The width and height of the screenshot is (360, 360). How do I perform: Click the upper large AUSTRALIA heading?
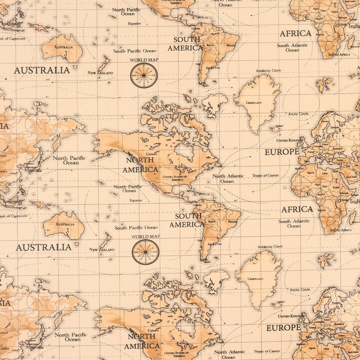[x=41, y=70]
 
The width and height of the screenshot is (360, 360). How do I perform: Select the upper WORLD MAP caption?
[x=144, y=59]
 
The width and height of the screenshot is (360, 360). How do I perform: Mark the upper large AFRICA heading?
[x=295, y=33]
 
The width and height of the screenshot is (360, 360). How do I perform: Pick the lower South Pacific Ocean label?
[x=135, y=227]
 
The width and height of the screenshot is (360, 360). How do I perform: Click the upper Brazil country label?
[x=230, y=44]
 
